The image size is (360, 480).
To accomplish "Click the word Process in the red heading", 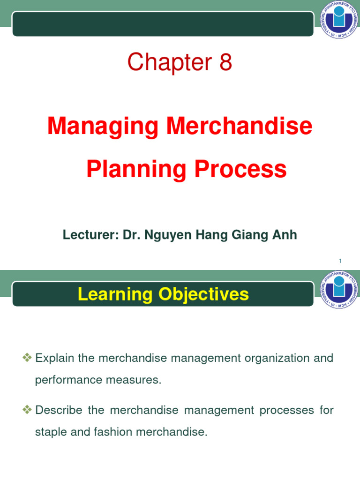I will coord(241,169).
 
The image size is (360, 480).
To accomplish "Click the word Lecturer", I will coord(90,235).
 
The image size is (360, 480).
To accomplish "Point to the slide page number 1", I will coord(340,261).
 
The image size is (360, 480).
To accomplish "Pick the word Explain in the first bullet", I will coord(54,359).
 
